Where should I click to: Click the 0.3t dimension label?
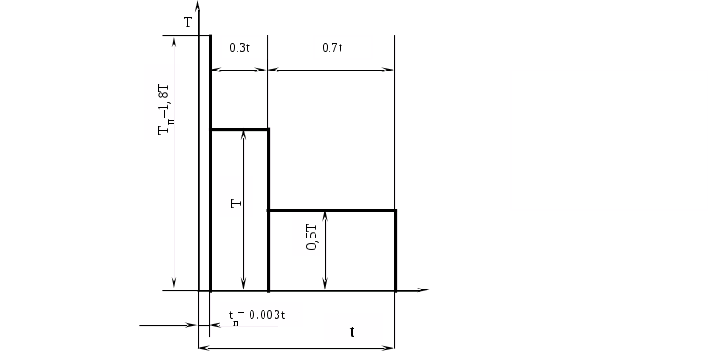239,47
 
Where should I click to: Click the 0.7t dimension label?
332,47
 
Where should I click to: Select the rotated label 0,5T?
312,238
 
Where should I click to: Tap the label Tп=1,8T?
164,109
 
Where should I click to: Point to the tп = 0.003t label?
257,315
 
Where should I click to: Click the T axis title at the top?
188,22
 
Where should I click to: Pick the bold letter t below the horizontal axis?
353,331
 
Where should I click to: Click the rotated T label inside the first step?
236,204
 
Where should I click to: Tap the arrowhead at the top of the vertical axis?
198,6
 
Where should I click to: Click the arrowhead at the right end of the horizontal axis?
422,290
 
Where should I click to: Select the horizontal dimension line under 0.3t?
238,70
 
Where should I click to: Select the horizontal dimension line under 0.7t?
331,70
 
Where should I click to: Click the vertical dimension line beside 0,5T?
325,250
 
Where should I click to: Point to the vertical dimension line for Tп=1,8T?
174,162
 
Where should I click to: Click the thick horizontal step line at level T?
239,130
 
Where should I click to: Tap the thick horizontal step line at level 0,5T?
332,210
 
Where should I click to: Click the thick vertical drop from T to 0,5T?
269,170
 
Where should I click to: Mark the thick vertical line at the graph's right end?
396,251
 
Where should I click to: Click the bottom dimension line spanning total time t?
297,348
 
